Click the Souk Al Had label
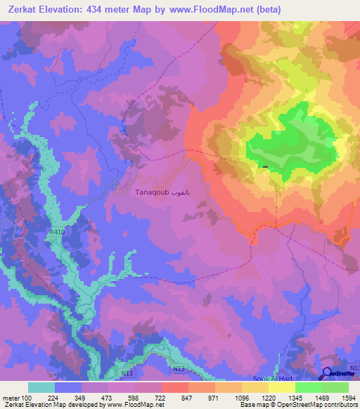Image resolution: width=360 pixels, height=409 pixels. (x=270, y=379)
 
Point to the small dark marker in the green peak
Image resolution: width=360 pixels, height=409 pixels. (x=264, y=167)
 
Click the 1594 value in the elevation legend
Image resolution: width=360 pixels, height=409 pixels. (x=340, y=398)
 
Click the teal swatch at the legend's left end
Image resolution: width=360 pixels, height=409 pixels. (x=41, y=387)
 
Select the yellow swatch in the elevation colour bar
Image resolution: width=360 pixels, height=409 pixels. (x=282, y=387)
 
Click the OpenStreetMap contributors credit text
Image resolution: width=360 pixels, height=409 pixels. (x=316, y=405)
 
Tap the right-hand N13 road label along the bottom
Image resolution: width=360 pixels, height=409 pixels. (x=179, y=369)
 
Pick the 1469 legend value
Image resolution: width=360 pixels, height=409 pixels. (x=311, y=398)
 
